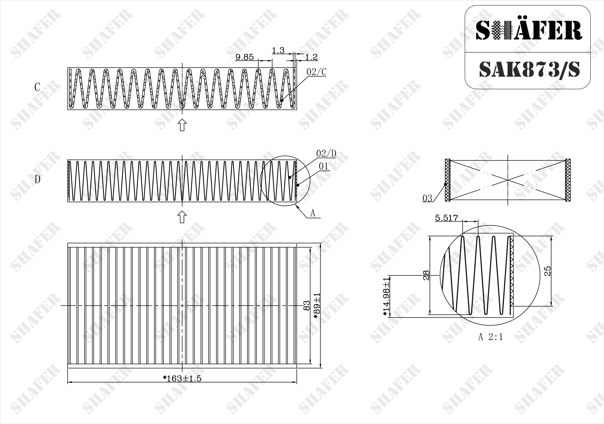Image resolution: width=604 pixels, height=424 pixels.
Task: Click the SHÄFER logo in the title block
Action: [529, 30]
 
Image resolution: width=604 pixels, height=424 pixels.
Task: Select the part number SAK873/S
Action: [530, 70]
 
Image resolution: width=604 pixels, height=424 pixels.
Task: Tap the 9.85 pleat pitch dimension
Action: [244, 57]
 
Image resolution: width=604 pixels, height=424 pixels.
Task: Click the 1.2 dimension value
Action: [311, 57]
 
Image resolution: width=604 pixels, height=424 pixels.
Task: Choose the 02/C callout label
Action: [317, 72]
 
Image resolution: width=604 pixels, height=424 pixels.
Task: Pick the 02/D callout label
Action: [326, 154]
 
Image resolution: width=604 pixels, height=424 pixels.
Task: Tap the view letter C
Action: [37, 87]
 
